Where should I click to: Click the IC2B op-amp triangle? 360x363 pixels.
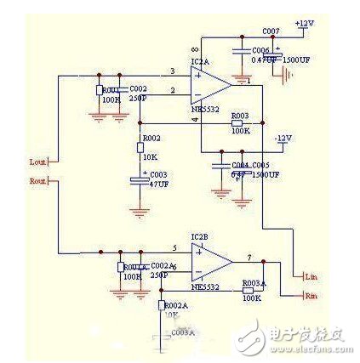(209, 261)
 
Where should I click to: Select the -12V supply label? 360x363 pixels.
(283, 138)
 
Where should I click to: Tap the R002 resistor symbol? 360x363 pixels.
(141, 147)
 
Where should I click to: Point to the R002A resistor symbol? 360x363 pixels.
(161, 304)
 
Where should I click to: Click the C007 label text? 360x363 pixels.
(271, 31)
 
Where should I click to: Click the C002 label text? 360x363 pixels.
(139, 88)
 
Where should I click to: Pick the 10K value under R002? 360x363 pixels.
(151, 156)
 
